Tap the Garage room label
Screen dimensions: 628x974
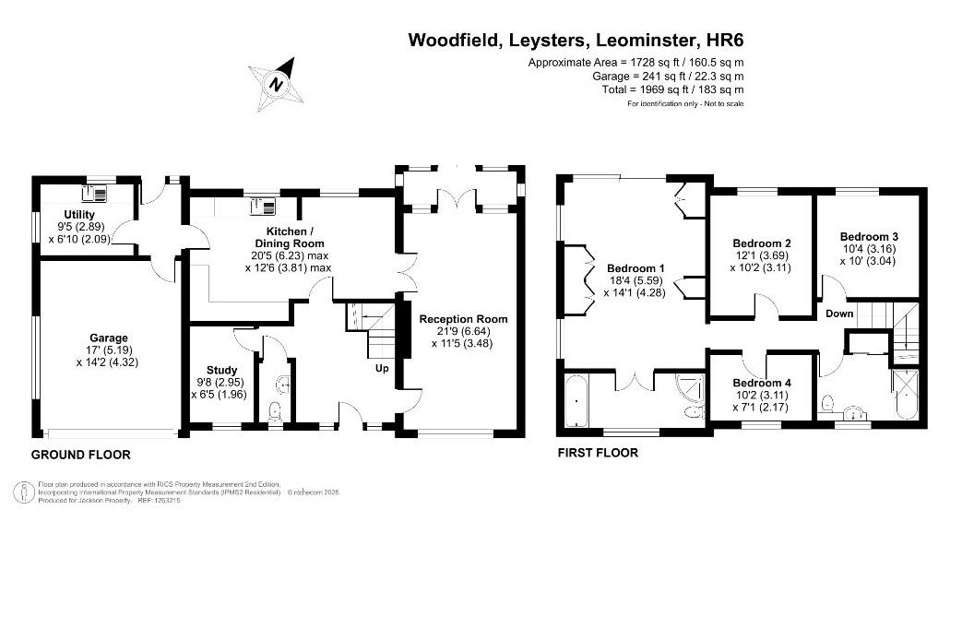tap(109, 338)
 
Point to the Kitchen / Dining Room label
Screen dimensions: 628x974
tap(289, 231)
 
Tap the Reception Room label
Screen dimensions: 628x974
tap(463, 319)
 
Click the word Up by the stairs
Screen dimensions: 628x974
tap(381, 368)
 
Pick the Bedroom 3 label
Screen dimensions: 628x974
tap(868, 236)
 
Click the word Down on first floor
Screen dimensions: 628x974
tap(839, 314)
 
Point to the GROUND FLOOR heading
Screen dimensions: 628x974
tap(81, 455)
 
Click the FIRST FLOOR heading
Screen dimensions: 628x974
tap(598, 453)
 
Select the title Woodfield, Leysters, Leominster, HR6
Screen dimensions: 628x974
tap(576, 40)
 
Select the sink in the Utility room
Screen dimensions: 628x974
tap(95, 194)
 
